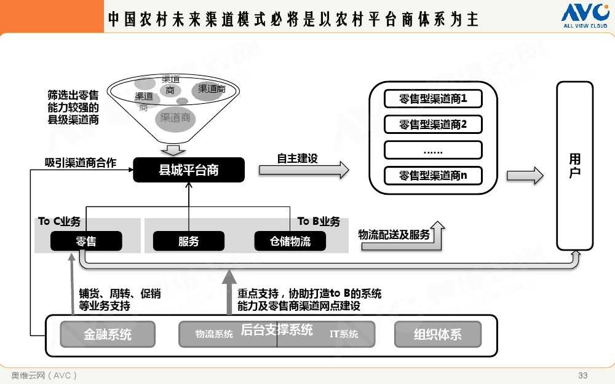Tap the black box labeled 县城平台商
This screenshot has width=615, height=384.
coord(189,170)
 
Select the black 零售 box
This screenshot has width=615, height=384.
coord(86,241)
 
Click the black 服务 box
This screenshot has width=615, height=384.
coord(189,241)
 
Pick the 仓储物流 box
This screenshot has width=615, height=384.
coord(290,241)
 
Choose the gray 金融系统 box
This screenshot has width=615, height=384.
coord(108,335)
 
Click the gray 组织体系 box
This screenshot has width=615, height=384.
coord(437,335)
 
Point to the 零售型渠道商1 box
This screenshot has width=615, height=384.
coord(433,98)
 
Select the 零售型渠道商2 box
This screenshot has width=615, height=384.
coord(433,125)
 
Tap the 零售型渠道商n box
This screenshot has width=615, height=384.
coord(433,176)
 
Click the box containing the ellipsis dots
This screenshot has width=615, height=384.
coord(433,151)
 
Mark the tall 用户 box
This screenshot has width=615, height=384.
coord(574,166)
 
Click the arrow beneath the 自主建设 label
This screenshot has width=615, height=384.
coord(303,170)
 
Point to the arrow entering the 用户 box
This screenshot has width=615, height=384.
coord(525,176)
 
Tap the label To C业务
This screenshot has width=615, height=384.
coord(59,221)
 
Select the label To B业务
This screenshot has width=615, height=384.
coord(319,221)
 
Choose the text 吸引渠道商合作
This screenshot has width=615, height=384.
coord(80,163)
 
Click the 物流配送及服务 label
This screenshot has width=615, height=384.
coord(394,235)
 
